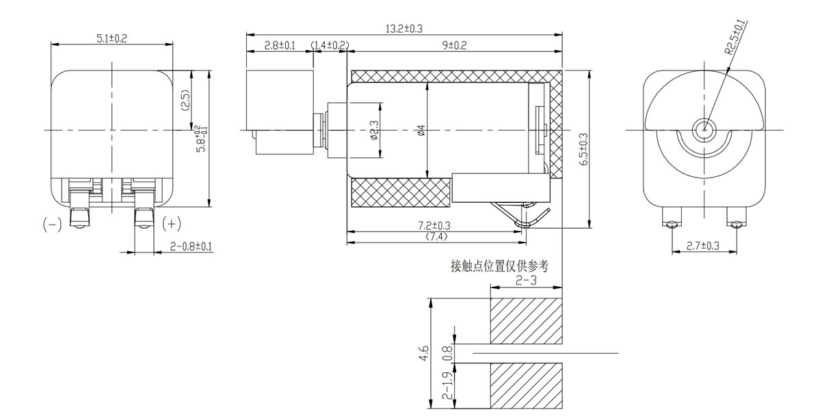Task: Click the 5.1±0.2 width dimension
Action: (111, 39)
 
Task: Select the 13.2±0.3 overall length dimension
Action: (404, 29)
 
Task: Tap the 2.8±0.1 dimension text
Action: (279, 46)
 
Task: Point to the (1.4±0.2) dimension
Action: (330, 46)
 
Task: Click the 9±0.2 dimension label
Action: (454, 46)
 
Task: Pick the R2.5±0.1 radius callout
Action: (735, 38)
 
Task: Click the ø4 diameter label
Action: (421, 130)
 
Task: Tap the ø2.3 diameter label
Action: (373, 130)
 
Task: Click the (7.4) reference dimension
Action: (436, 237)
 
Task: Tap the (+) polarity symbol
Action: (172, 223)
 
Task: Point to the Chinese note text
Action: (499, 266)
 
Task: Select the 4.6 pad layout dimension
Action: (424, 353)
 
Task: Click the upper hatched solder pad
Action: (526, 320)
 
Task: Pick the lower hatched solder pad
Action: (526, 386)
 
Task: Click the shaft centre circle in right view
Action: (702, 128)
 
